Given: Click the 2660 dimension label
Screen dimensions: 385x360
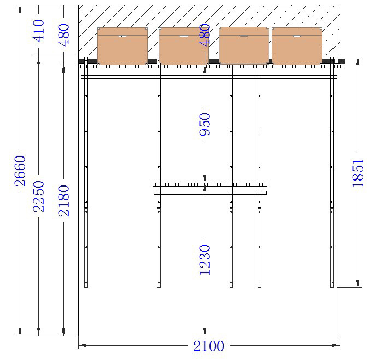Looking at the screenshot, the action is coord(20,171).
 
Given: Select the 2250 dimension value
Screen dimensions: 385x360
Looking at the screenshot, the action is coord(38,196).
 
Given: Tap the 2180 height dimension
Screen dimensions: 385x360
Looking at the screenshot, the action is coord(64,201).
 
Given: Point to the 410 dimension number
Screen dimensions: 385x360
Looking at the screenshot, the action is coord(38,31).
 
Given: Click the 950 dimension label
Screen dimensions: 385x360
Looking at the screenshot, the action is coord(205,124).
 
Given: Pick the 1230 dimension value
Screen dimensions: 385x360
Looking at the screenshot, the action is coord(205,259).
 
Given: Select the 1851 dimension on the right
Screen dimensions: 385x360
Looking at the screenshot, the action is coord(358,173).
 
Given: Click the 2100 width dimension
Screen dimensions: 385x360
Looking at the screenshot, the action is coord(208,346).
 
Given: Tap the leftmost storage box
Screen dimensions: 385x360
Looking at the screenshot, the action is coord(122,46).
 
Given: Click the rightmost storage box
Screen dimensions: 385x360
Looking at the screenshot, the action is coord(297,46).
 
